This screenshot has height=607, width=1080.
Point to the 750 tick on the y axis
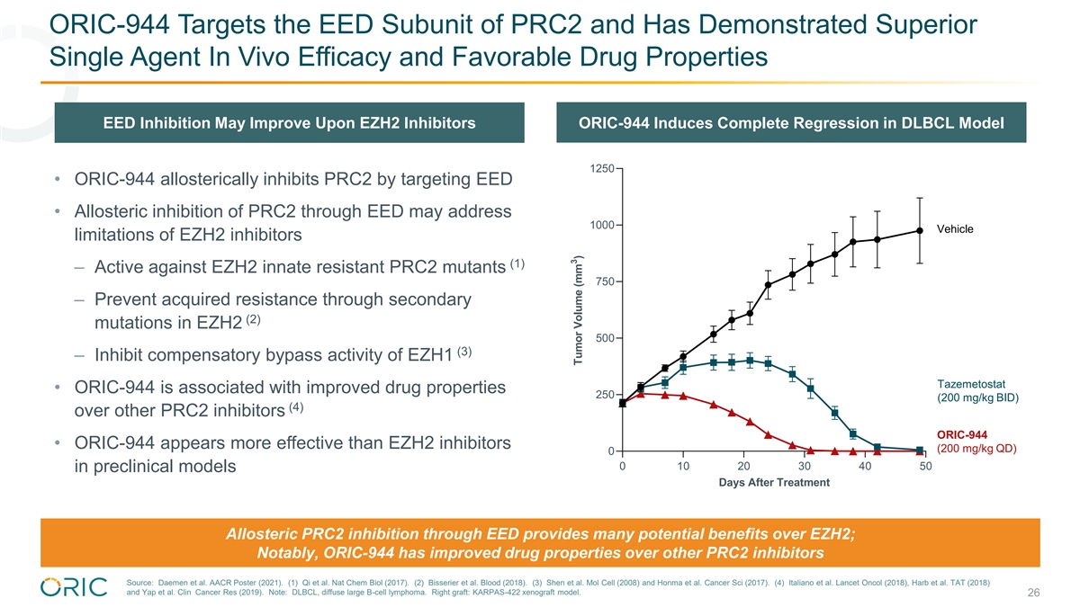tap(607, 282)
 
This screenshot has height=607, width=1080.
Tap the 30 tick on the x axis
tap(804, 467)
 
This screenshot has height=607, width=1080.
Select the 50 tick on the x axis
tap(926, 467)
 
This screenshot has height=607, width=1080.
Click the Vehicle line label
tap(955, 229)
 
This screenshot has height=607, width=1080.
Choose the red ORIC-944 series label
tap(962, 435)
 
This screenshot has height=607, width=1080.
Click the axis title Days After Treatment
tap(774, 483)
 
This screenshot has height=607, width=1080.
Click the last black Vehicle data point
tap(920, 230)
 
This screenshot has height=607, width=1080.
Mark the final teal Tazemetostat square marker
tap(920, 451)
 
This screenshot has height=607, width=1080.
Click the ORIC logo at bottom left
tap(75, 586)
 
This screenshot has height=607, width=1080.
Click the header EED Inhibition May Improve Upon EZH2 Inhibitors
tap(290, 123)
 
